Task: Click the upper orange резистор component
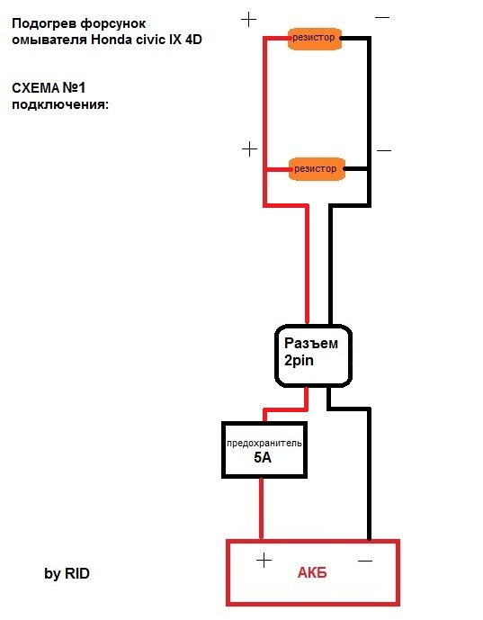(315, 39)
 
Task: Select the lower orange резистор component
(317, 169)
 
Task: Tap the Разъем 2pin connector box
(313, 355)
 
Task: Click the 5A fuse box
(264, 450)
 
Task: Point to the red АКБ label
(312, 572)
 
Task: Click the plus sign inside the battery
(264, 561)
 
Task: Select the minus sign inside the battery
(365, 561)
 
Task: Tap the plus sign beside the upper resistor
(248, 20)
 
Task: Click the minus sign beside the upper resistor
(382, 17)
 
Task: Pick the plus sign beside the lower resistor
(249, 149)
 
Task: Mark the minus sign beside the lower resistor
(384, 150)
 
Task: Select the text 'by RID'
(67, 573)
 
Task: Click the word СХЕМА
(35, 88)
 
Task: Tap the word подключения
(60, 104)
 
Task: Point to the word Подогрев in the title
(44, 23)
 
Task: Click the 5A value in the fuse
(263, 457)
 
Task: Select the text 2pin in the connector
(299, 361)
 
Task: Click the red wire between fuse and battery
(261, 508)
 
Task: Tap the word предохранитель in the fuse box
(264, 444)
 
